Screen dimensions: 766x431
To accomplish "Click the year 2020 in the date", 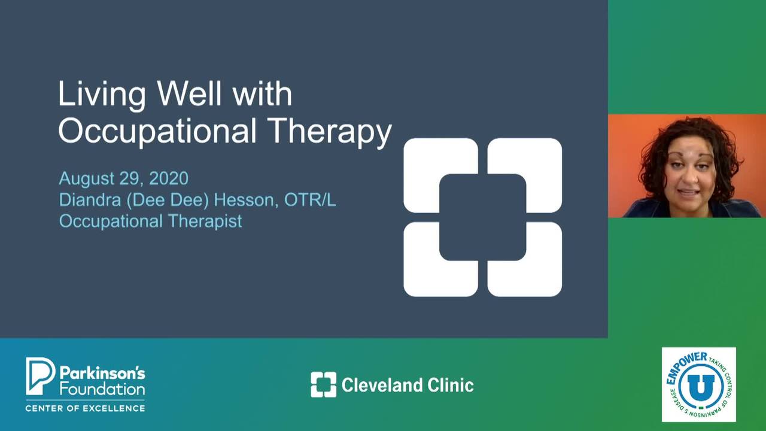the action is [169, 178].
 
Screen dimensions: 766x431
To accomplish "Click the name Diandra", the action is [90, 200].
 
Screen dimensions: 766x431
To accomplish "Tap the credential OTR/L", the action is [310, 200].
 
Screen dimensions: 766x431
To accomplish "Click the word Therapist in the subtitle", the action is [205, 221].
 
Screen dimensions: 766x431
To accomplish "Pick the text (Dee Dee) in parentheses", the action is [168, 200].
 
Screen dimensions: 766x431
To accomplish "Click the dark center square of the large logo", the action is [482, 217].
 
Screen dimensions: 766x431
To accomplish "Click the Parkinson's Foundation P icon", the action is [40, 376].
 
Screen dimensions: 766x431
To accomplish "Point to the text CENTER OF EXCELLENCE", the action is [85, 408].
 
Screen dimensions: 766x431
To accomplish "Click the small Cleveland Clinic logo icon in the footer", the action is [324, 385].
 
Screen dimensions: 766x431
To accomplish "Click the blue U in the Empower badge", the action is [701, 387].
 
